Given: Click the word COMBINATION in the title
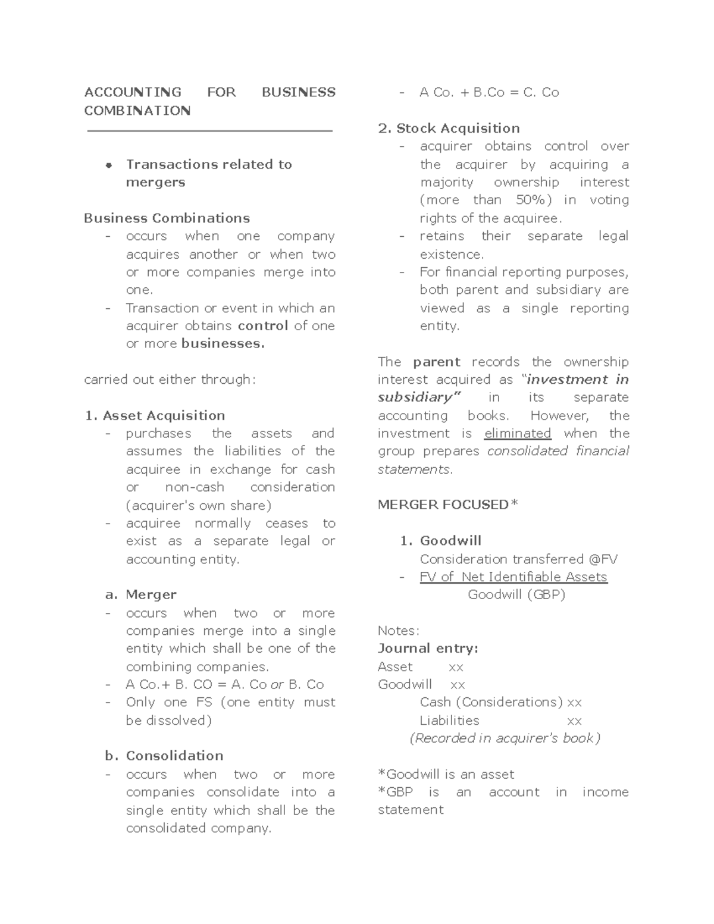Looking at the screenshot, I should click(x=137, y=111).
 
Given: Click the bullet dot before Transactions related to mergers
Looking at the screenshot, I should click(x=109, y=165).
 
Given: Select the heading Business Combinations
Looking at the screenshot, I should click(x=167, y=218).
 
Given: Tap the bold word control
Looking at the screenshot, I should click(x=263, y=326).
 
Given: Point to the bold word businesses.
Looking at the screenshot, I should click(x=223, y=344).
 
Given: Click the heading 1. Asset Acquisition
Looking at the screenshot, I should click(x=155, y=416).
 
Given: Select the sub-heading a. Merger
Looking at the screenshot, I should click(x=140, y=595).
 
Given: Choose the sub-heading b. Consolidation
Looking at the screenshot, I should click(x=164, y=756).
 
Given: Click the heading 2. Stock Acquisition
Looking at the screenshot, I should click(x=449, y=129).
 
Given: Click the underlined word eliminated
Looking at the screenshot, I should click(x=518, y=434).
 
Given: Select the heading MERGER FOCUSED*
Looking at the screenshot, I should click(x=447, y=505).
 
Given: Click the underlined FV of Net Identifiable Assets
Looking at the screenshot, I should click(x=513, y=577).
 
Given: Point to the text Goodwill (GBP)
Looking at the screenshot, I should click(x=516, y=594).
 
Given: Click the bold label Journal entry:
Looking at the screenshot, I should click(x=428, y=649).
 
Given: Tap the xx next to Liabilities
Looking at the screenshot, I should click(x=574, y=721).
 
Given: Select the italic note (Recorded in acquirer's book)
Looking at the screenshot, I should click(x=505, y=738).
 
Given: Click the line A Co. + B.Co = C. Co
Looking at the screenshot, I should click(x=488, y=93).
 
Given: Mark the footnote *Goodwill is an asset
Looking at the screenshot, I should click(x=446, y=775).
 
